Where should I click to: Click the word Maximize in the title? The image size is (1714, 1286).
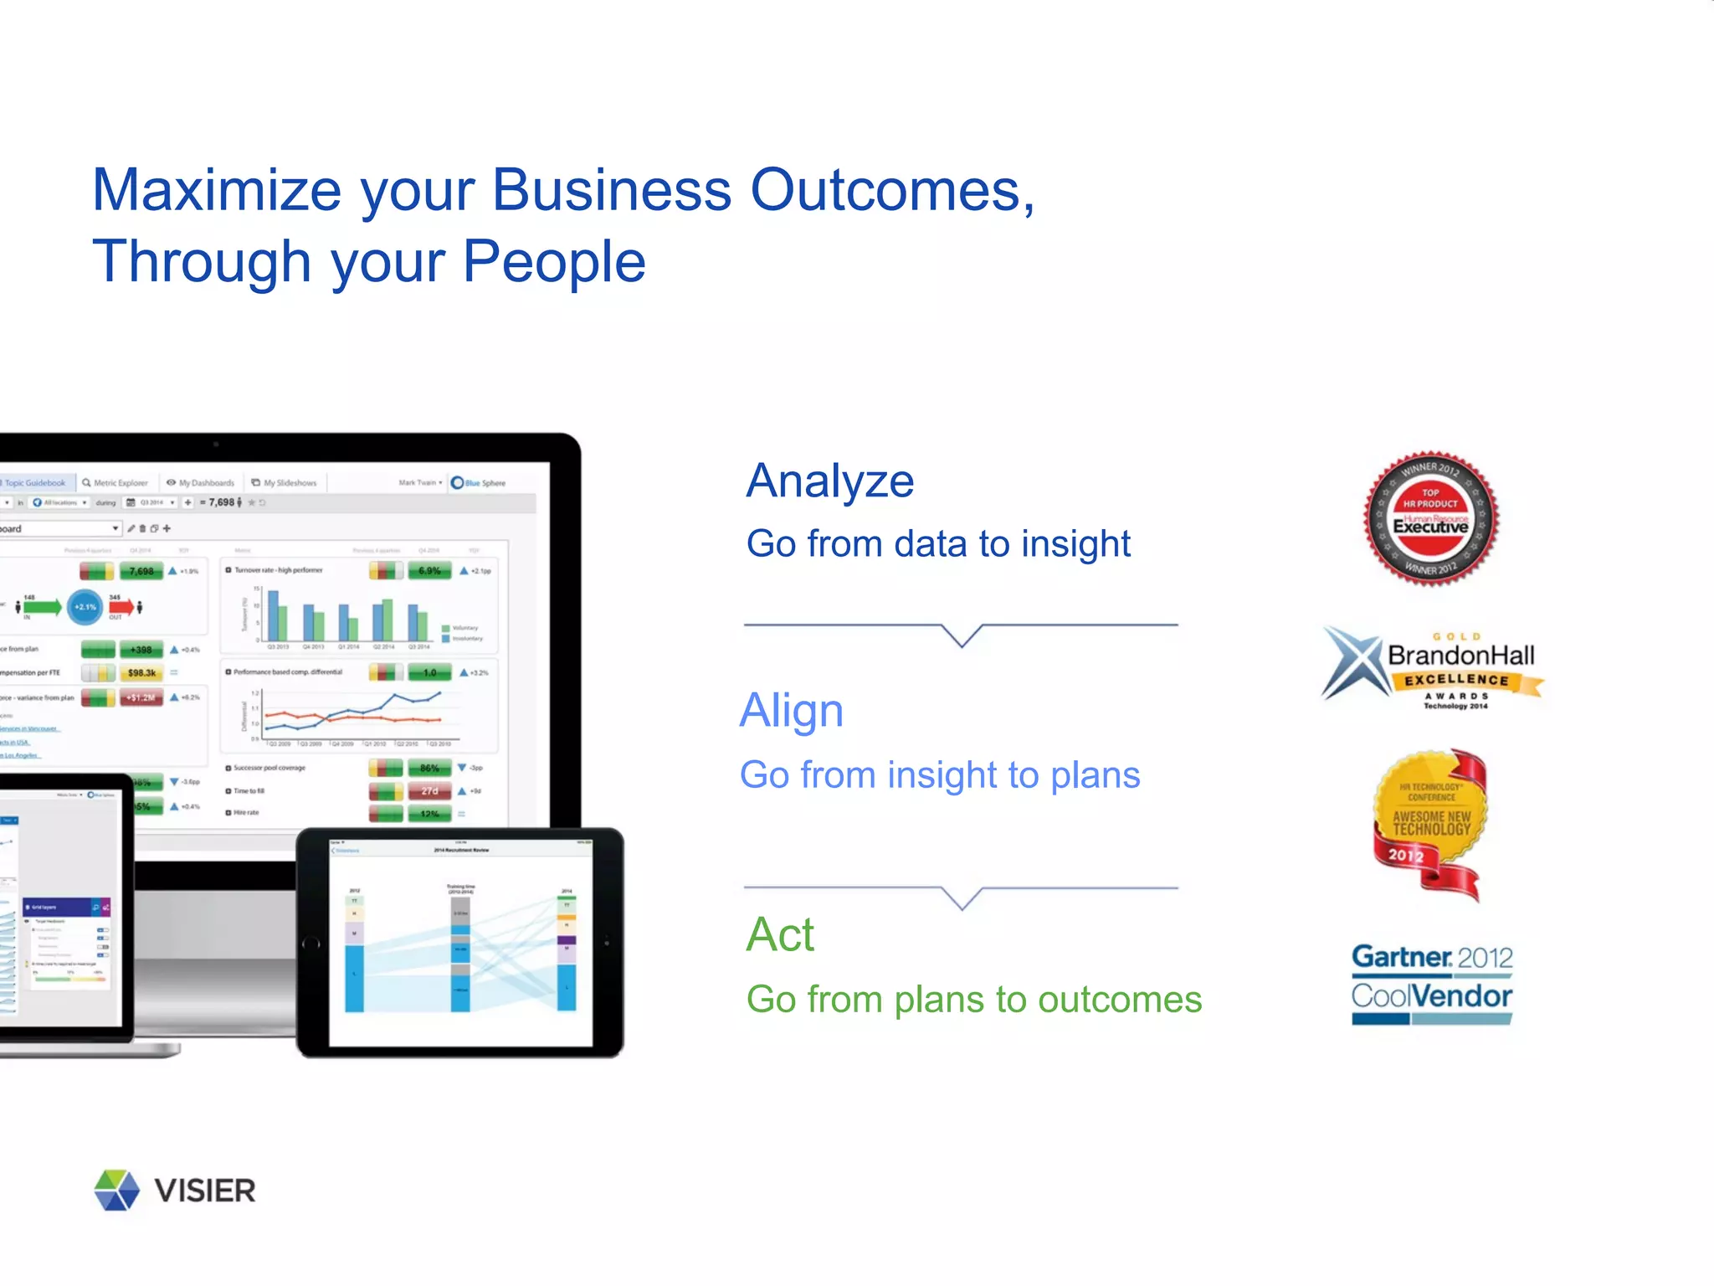pos(216,191)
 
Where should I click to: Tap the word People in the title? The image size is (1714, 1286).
pos(553,262)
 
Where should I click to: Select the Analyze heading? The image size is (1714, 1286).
pos(829,481)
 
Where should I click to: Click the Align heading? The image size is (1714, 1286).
pos(792,711)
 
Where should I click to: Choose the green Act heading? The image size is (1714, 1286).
pos(780,934)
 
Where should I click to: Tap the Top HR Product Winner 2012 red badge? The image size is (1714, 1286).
pos(1431,519)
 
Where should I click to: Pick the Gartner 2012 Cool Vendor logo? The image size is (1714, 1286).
pos(1432,984)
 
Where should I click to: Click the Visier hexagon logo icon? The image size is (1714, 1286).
pos(116,1190)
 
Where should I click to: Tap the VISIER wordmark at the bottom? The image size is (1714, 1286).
pos(205,1191)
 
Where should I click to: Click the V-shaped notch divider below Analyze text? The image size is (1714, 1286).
pos(962,635)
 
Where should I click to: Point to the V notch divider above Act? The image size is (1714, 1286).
pos(962,898)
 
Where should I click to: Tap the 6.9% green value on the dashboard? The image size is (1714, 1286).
pos(429,571)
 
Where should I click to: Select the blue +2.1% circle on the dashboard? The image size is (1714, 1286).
pos(85,607)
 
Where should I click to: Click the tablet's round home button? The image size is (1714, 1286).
pos(311,944)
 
